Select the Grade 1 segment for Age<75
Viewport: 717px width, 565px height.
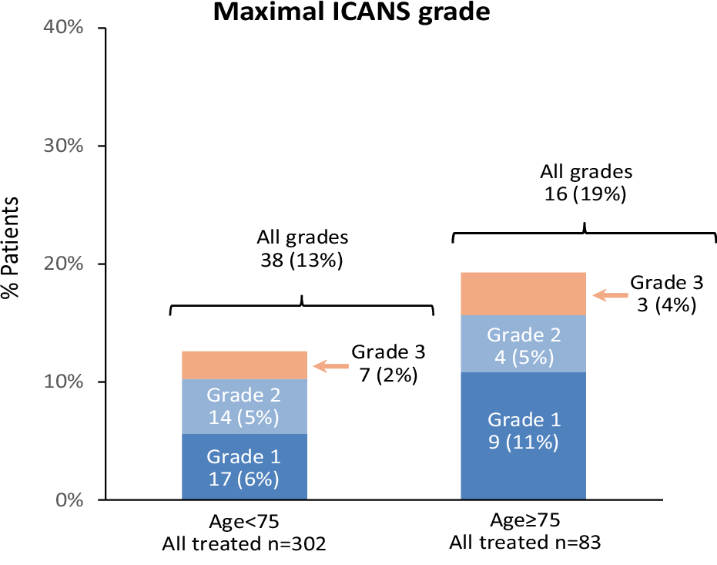click(244, 467)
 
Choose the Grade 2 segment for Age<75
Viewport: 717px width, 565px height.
click(244, 406)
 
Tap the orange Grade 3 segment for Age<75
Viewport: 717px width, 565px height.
click(244, 365)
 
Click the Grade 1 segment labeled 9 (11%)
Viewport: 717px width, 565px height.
click(523, 436)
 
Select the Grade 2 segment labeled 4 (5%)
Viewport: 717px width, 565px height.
click(523, 344)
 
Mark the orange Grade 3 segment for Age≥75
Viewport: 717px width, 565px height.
click(523, 294)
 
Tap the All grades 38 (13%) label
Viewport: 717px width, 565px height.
click(301, 248)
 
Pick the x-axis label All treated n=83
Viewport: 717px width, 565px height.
click(524, 542)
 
